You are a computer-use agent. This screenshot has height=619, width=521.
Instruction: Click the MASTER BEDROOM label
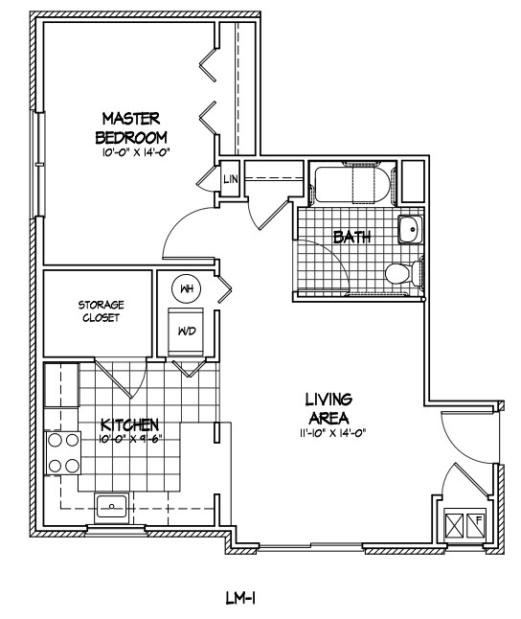tap(131, 127)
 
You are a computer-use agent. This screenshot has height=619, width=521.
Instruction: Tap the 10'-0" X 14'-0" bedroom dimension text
tap(135, 152)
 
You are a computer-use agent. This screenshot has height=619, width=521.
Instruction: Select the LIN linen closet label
tap(231, 179)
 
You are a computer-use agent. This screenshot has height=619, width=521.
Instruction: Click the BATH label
tap(352, 237)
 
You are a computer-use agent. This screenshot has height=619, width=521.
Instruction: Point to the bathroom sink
tap(410, 229)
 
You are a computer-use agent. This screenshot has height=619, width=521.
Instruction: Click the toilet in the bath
tap(403, 273)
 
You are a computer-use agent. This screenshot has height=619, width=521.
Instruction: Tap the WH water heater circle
tap(187, 289)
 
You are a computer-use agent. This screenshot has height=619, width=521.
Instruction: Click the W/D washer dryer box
tap(187, 332)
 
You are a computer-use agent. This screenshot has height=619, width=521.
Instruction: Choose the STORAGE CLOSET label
tap(102, 311)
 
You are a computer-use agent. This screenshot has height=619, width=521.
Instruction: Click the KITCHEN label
tap(130, 424)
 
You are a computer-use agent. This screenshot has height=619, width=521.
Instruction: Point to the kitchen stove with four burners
tap(63, 453)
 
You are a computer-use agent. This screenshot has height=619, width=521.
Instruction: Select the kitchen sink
tap(111, 507)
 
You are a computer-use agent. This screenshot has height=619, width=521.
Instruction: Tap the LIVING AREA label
tap(328, 408)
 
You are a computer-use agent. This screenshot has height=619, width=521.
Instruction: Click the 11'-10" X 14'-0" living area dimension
tap(332, 433)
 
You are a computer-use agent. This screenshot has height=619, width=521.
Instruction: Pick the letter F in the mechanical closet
tap(479, 519)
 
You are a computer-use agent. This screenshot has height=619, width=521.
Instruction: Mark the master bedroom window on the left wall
tap(39, 164)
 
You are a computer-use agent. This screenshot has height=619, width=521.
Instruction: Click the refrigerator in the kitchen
tap(61, 385)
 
